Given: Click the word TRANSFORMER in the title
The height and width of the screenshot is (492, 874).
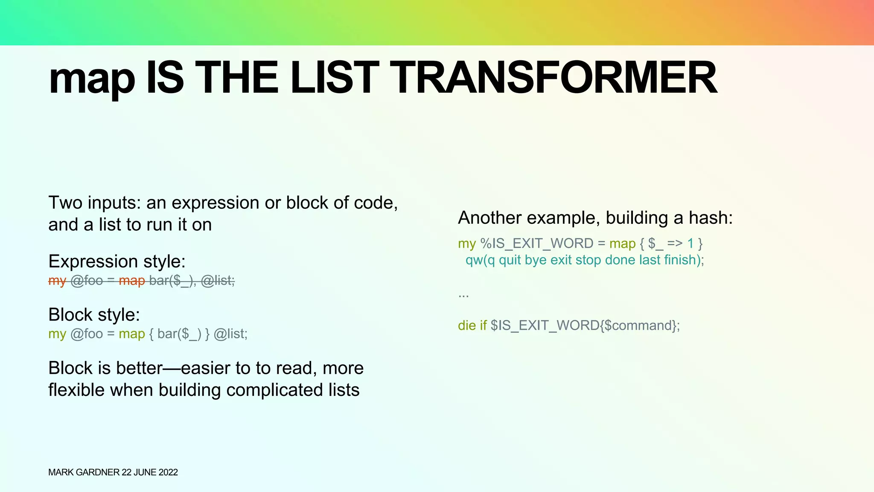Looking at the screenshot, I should pyautogui.click(x=553, y=78).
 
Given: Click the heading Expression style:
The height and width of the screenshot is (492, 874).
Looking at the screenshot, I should pyautogui.click(x=117, y=261).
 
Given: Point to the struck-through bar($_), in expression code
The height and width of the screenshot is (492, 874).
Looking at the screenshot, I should pyautogui.click(x=172, y=281).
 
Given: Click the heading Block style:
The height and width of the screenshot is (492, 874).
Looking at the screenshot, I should pyautogui.click(x=94, y=315).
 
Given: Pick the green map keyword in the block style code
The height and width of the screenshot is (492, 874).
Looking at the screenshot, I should pyautogui.click(x=132, y=334).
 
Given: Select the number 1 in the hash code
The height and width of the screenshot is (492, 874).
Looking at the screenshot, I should pyautogui.click(x=690, y=243).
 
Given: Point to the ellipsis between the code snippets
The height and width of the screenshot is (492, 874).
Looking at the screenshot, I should pyautogui.click(x=463, y=295).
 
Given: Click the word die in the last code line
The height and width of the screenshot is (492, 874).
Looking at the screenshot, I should pyautogui.click(x=466, y=325).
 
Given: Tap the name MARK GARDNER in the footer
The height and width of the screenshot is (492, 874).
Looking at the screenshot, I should pyautogui.click(x=84, y=472).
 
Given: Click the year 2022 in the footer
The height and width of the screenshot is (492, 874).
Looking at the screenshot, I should pyautogui.click(x=168, y=472).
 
